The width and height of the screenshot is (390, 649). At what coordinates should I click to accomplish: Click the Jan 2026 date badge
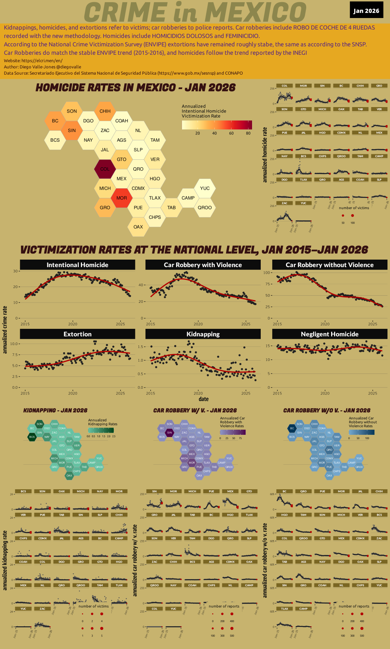(x=366, y=10)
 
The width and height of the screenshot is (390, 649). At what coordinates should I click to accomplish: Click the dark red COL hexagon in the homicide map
(x=105, y=169)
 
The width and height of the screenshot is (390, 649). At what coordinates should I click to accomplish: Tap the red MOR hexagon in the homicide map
(x=122, y=198)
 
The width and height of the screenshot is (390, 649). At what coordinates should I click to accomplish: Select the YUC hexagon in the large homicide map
(x=205, y=188)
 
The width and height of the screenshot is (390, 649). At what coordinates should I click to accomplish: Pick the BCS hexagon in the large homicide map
(x=55, y=140)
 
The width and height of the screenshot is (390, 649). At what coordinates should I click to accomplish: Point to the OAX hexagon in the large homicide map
(x=138, y=227)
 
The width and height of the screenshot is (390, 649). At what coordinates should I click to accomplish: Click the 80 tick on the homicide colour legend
(x=248, y=133)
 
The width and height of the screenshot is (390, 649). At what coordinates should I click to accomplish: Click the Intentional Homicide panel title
(x=77, y=265)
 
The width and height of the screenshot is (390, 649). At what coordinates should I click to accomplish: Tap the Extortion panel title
(x=77, y=334)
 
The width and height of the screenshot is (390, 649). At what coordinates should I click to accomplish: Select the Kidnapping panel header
(x=203, y=334)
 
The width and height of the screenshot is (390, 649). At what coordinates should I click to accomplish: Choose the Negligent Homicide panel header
(x=330, y=334)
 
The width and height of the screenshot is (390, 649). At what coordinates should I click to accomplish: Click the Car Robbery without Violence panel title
(x=330, y=265)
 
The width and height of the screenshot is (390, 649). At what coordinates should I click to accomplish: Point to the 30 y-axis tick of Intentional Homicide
(x=16, y=271)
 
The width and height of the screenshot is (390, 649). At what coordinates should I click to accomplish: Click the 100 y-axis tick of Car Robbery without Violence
(x=267, y=273)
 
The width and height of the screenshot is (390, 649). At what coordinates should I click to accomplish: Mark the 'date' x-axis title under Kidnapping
(x=204, y=399)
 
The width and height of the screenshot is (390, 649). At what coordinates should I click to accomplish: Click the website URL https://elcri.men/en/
(x=42, y=61)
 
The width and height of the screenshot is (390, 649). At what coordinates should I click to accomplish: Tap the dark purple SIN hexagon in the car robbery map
(x=169, y=433)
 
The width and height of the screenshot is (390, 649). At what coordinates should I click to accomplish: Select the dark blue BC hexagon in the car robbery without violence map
(x=292, y=428)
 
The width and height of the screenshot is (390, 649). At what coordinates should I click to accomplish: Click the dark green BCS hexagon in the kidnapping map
(x=32, y=437)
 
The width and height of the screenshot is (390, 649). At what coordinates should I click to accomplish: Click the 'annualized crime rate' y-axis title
(x=5, y=330)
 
